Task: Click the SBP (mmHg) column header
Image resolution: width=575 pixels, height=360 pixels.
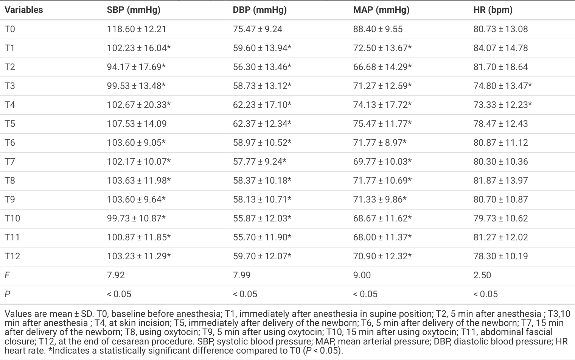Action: click(x=134, y=10)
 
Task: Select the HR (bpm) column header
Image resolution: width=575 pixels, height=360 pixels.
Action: click(x=493, y=10)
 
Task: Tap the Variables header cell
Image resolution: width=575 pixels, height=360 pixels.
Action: click(x=24, y=10)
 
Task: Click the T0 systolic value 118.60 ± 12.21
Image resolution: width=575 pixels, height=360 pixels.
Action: click(x=137, y=29)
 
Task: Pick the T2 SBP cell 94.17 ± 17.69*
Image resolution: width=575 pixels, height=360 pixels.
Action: click(x=136, y=67)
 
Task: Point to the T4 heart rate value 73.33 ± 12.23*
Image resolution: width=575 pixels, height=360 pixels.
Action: click(x=503, y=104)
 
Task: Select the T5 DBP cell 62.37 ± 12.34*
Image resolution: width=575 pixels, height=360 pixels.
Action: click(x=262, y=124)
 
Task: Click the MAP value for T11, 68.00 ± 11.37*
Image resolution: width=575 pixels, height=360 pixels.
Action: click(x=382, y=237)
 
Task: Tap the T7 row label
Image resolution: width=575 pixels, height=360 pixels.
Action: click(x=10, y=161)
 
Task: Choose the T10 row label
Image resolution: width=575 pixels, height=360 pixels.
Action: click(x=12, y=218)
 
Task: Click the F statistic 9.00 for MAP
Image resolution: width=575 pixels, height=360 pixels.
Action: click(x=362, y=275)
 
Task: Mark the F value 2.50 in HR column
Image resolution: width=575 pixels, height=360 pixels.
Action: click(x=482, y=275)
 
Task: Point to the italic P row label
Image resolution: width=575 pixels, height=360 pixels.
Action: click(x=8, y=294)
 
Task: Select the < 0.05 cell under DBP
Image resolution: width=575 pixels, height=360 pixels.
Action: click(x=245, y=294)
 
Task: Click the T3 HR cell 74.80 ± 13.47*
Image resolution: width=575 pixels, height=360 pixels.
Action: click(x=503, y=86)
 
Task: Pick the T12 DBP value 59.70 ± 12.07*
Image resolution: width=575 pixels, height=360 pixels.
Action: click(x=262, y=256)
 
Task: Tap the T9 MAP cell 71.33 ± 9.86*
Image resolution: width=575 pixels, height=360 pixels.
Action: click(x=380, y=199)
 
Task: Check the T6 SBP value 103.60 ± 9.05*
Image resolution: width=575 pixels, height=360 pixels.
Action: click(x=136, y=142)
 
